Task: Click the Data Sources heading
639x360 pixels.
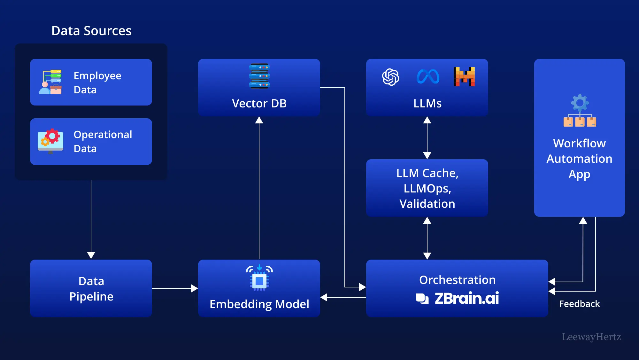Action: click(91, 31)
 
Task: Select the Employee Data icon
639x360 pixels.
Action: click(50, 82)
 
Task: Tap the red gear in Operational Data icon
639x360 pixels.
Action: click(52, 136)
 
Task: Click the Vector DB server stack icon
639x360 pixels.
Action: click(259, 76)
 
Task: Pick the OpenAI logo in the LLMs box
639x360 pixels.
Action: click(390, 77)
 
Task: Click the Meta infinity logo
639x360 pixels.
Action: click(428, 77)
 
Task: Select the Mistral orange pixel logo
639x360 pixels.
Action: click(464, 77)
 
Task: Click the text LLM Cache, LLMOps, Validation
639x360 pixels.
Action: click(427, 188)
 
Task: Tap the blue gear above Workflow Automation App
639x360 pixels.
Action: click(580, 103)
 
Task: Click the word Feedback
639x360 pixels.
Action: click(579, 304)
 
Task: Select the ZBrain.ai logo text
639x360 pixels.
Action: click(466, 298)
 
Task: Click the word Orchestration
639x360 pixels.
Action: click(457, 280)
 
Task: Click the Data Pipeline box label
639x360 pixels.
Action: click(91, 289)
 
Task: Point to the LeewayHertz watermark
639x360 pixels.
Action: click(591, 337)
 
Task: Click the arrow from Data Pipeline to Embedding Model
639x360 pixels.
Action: click(174, 288)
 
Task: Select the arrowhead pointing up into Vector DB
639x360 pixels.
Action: click(259, 120)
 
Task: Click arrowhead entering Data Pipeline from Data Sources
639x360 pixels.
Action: click(91, 255)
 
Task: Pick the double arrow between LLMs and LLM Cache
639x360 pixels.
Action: click(427, 138)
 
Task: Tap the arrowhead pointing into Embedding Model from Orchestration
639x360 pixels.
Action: click(324, 297)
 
